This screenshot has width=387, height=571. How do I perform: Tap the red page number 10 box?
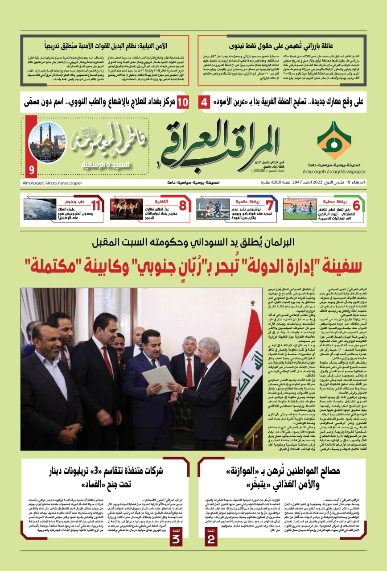pos(182,102)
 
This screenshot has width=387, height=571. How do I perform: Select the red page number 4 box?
pos(204,102)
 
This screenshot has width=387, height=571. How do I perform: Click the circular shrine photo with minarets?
pos(47,142)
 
